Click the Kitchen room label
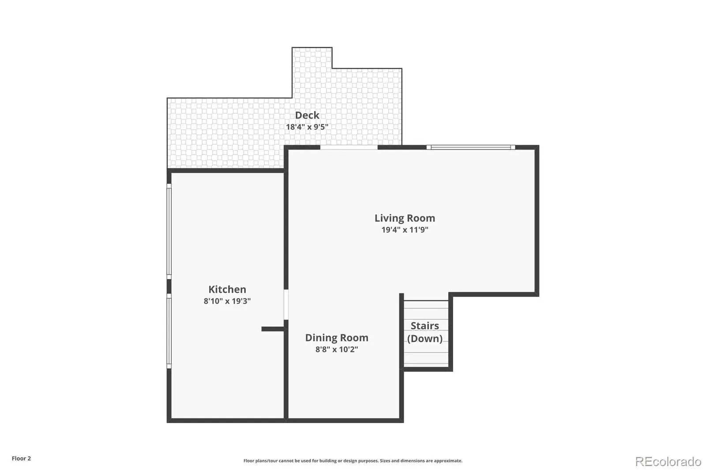227,289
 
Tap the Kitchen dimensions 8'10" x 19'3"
227,301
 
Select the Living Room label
405,218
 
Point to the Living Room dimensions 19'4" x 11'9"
405,230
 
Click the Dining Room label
337,338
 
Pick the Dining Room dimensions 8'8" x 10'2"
337,349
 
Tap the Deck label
307,115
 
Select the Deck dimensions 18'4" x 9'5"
307,127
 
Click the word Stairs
424,326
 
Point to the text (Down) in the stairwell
424,339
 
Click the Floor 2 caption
22,459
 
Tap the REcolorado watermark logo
668,462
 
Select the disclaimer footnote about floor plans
353,461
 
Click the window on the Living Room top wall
471,147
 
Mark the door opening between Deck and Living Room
349,147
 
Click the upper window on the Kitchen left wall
169,231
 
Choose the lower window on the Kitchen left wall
169,331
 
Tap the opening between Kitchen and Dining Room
286,305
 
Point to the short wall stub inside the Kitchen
273,329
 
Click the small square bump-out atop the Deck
312,58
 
